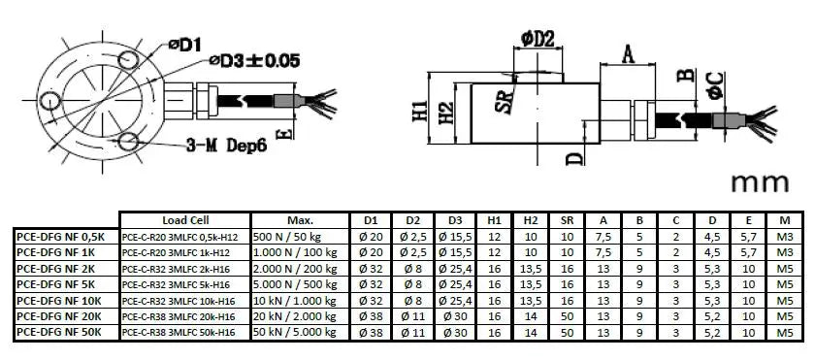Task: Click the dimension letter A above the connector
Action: coord(628,55)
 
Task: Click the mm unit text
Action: coord(761,183)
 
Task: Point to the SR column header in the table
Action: coord(567,219)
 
